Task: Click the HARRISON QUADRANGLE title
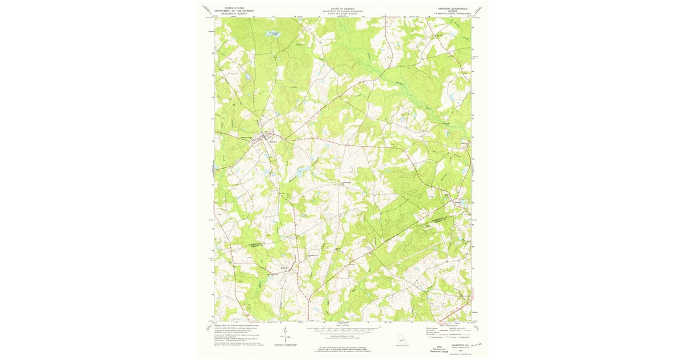click(x=452, y=9)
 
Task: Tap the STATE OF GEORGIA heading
click(x=342, y=9)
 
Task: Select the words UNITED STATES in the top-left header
click(x=234, y=8)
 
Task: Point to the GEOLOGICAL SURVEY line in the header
click(x=234, y=14)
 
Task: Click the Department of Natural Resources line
click(x=342, y=11)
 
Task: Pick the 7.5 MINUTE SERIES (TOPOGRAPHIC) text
click(x=452, y=14)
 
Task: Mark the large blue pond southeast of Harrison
click(x=301, y=171)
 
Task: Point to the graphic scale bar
click(x=342, y=331)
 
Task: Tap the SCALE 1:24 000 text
click(x=342, y=326)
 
